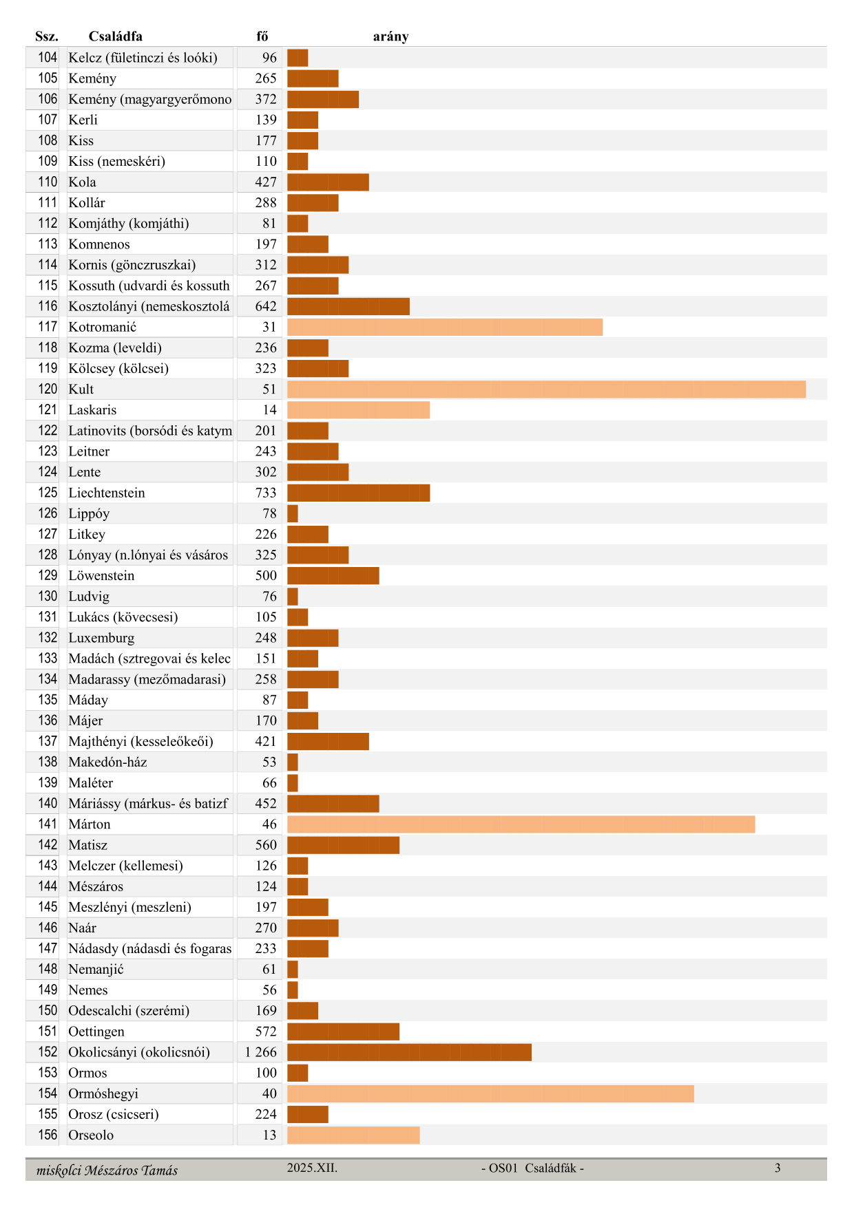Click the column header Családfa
point(116,36)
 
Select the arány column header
point(390,36)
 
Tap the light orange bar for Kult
point(546,389)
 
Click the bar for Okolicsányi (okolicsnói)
point(409,1052)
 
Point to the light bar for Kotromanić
point(445,327)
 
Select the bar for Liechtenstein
point(358,493)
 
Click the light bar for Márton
point(521,824)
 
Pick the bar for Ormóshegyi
point(490,1093)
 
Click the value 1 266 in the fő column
point(260,1052)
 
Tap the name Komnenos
point(99,244)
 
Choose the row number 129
point(48,575)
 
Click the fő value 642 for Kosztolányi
point(266,306)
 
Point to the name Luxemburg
point(101,638)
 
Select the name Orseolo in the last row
point(91,1135)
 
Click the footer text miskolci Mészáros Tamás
point(107,1170)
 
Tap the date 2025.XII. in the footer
point(312,1168)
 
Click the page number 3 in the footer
point(778,1168)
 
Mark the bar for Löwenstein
point(333,576)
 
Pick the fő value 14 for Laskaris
point(269,410)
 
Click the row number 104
point(48,58)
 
